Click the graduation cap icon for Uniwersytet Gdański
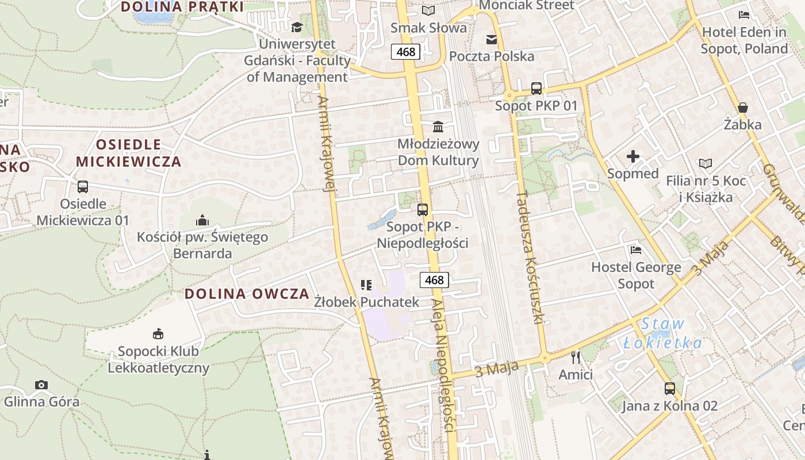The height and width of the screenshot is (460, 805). click(297, 27)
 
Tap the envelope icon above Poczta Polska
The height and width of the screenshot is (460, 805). click(492, 39)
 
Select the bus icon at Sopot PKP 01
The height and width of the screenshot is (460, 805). click(536, 89)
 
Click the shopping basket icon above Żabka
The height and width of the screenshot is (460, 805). click(743, 108)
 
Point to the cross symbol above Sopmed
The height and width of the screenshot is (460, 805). click(633, 156)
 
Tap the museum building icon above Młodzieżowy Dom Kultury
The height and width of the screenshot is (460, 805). click(438, 126)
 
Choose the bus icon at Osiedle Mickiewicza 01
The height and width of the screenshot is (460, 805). click(83, 187)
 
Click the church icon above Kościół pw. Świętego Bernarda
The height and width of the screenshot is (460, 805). click(202, 220)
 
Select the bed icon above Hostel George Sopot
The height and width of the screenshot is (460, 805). click(636, 250)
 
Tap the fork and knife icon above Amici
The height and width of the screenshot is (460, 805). click(576, 358)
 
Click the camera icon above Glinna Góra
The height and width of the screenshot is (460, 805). click(41, 385)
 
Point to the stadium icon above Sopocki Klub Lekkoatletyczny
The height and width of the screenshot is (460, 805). click(158, 334)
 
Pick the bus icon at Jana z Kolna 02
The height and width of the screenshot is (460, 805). click(670, 389)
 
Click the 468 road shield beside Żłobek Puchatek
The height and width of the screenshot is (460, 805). click(434, 280)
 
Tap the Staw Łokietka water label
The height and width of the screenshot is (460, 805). click(663, 333)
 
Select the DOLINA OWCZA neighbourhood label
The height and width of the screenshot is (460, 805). click(247, 294)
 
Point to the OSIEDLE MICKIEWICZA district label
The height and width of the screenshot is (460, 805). click(129, 153)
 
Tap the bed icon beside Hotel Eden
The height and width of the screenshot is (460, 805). click(744, 15)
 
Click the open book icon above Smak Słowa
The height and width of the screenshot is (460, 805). click(428, 10)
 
